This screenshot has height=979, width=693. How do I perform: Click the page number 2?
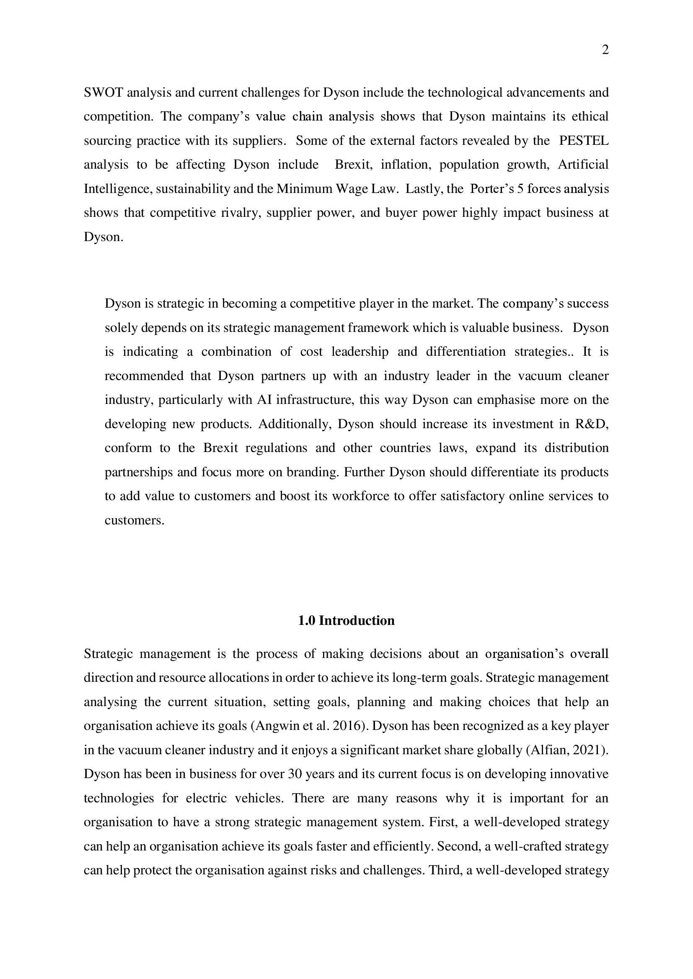[605, 50]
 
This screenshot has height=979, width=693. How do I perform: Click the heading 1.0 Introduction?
[346, 620]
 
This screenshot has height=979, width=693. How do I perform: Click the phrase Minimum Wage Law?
[337, 188]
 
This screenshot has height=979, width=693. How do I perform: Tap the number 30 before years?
[295, 774]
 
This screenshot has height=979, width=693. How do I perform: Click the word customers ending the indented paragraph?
[134, 521]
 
